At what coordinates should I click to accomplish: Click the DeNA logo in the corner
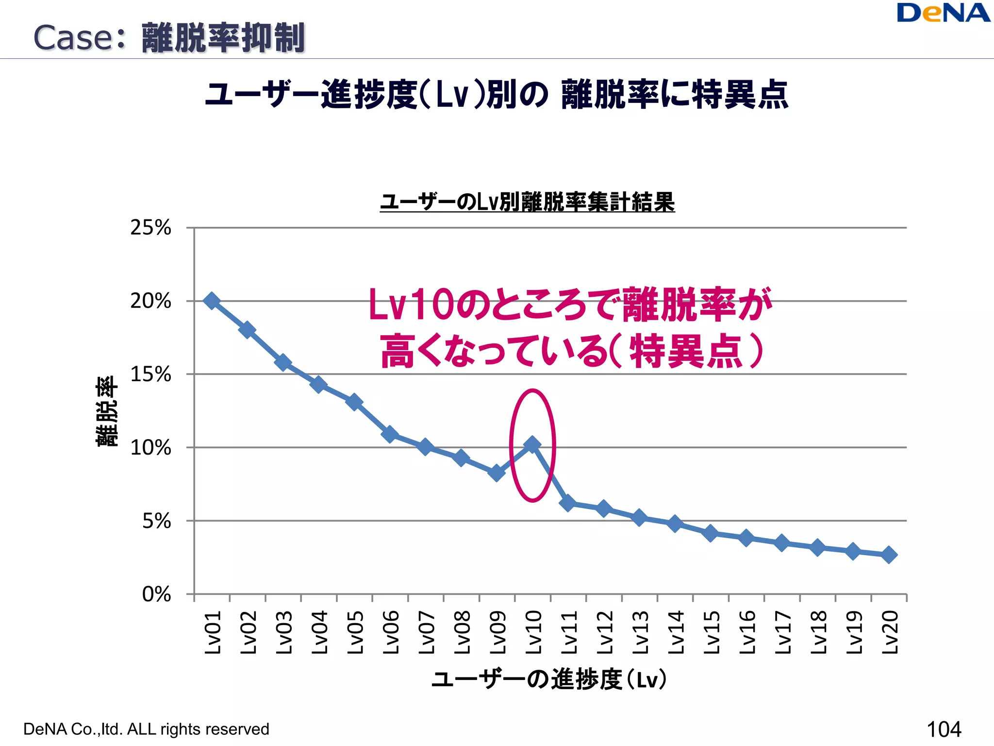coord(943,13)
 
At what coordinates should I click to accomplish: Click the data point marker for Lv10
coord(532,444)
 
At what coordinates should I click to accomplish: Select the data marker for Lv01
coord(212,301)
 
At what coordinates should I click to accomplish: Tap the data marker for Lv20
coord(889,555)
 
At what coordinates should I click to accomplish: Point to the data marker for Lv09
coord(497,473)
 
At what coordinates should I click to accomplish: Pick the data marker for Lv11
coord(568,503)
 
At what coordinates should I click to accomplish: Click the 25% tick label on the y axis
coord(150,228)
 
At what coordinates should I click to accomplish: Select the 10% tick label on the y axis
coord(150,448)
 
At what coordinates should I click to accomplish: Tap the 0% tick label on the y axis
coord(156,594)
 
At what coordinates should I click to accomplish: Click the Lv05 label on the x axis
coord(355,633)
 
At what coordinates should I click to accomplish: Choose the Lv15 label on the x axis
coord(711,633)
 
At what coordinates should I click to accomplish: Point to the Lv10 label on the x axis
coord(533,633)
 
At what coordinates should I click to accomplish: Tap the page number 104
coord(944,729)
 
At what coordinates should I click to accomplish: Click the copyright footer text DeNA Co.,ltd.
coord(146,729)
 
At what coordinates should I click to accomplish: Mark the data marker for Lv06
coord(390,434)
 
